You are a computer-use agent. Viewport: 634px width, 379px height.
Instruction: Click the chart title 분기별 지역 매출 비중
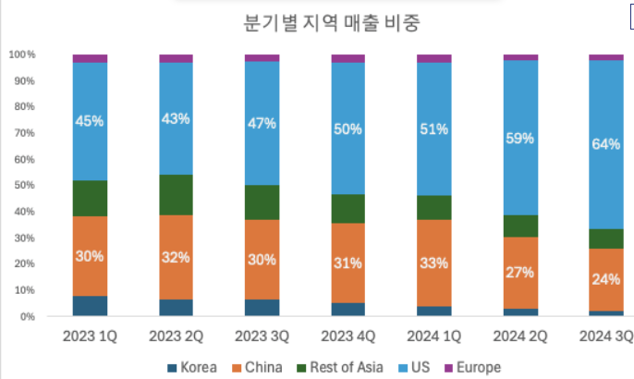(x=316, y=24)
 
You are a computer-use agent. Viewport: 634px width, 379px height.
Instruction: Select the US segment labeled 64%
(x=606, y=144)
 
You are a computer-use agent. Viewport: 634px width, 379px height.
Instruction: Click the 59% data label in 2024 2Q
(x=520, y=140)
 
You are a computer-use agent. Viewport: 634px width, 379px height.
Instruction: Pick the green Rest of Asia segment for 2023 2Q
(x=176, y=195)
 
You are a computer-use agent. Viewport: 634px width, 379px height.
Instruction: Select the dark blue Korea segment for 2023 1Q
(x=90, y=306)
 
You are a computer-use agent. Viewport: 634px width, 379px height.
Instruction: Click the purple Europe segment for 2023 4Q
(x=348, y=58)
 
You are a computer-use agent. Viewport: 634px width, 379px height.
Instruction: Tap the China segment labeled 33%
(x=434, y=262)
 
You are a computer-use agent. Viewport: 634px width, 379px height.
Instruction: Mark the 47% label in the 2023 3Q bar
(x=262, y=125)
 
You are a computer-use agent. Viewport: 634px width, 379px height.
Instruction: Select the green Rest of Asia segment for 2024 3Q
(x=606, y=238)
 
